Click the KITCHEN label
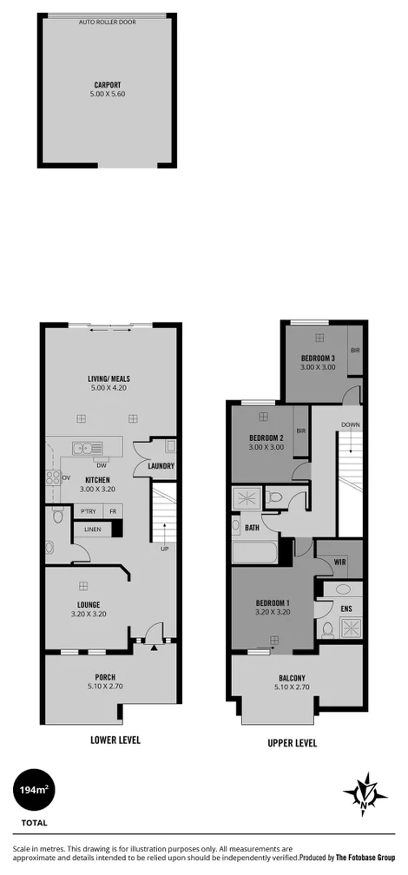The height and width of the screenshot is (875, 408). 96,480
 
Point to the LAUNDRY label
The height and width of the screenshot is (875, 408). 161,466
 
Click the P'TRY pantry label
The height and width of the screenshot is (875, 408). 88,511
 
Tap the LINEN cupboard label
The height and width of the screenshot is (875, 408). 92,529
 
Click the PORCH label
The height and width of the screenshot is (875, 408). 106,677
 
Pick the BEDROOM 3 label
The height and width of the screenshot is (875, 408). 318,359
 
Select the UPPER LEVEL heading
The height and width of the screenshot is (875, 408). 292,743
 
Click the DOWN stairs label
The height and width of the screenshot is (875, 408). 350,425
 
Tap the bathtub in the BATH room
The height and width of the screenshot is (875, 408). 254,553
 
